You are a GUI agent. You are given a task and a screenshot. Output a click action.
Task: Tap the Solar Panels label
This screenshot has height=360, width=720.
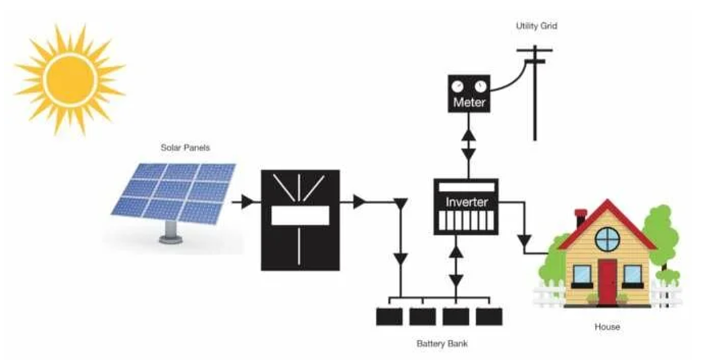(x=182, y=148)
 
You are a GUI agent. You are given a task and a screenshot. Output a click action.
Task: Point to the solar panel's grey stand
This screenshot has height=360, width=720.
(x=170, y=232)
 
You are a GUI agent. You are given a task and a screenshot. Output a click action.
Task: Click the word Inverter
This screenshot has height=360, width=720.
(x=466, y=202)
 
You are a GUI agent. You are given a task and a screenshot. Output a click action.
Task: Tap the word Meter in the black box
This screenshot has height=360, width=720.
(x=469, y=103)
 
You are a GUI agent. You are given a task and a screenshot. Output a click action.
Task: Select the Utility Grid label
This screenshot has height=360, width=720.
(x=536, y=26)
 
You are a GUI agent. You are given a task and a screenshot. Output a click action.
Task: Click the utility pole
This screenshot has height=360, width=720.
(x=534, y=88)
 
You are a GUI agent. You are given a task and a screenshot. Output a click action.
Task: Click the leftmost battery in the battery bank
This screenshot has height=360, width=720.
(x=390, y=315)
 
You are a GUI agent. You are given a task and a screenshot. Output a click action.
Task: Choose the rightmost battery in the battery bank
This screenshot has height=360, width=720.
(x=488, y=315)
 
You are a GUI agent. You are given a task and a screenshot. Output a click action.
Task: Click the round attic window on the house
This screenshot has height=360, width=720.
(x=606, y=238)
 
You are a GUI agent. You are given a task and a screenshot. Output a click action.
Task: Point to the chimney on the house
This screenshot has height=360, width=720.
(x=582, y=218)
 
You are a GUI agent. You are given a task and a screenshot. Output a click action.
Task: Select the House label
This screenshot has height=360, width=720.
(x=607, y=327)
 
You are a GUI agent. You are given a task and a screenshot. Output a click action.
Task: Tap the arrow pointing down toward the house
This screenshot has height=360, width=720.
(x=525, y=239)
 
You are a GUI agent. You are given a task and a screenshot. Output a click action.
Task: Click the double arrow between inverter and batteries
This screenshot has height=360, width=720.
(x=456, y=268)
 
